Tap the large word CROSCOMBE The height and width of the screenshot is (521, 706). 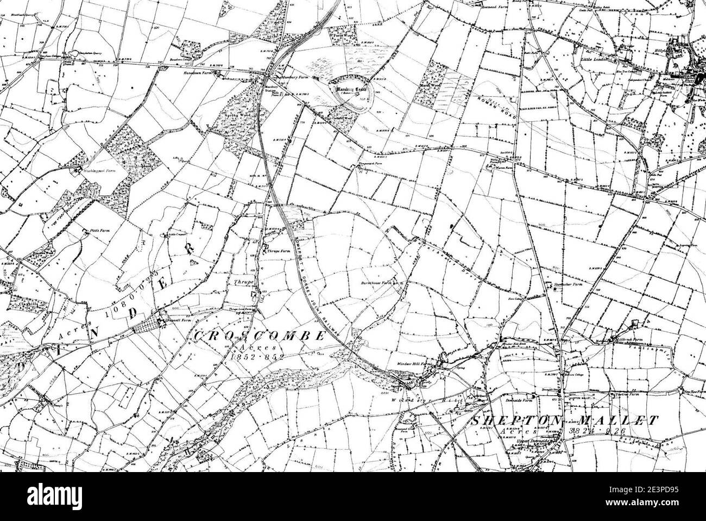(259, 336)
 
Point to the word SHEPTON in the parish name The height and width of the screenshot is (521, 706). (516, 420)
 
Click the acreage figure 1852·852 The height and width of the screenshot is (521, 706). (257, 357)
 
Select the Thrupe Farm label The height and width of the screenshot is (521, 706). (277, 251)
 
